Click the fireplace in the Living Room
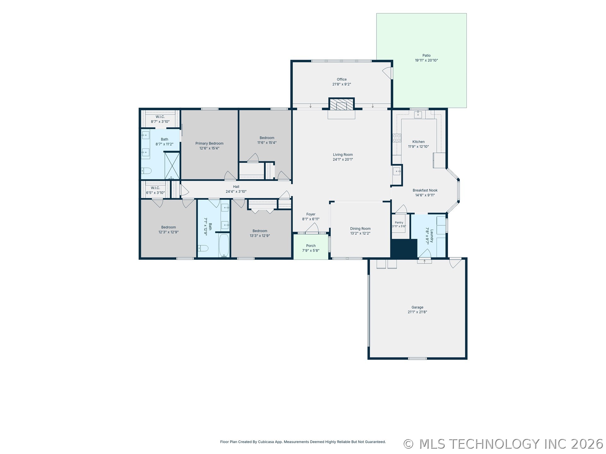(342, 104)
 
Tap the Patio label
(426, 55)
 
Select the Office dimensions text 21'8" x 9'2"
(342, 84)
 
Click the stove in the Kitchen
(397, 138)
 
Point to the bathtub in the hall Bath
(224, 246)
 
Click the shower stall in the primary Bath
(172, 166)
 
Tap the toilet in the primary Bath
(146, 171)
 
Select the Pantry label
(399, 223)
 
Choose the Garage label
(417, 307)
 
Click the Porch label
(311, 246)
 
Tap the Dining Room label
(360, 229)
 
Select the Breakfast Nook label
(425, 190)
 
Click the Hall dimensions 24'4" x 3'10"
(236, 191)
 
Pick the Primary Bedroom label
(209, 143)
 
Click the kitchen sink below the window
(418, 114)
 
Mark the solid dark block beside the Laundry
(404, 248)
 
